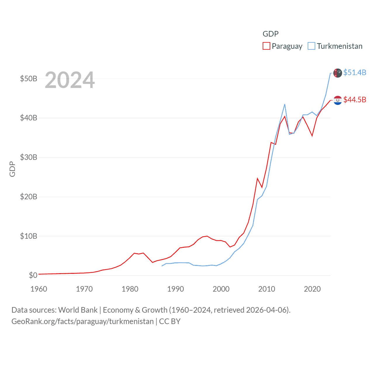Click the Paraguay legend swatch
tap(266, 46)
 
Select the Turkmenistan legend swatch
tap(311, 46)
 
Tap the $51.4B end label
tap(355, 72)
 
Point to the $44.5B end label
tap(355, 100)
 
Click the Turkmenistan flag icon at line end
tap(338, 73)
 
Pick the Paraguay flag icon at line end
tap(338, 100)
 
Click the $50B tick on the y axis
tap(28, 79)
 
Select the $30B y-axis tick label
tap(28, 157)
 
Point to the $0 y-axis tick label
tap(33, 275)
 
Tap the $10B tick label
tap(28, 236)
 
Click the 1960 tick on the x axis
tap(39, 289)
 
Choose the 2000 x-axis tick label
tap(221, 289)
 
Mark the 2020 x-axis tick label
tap(312, 289)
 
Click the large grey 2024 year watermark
tap(70, 80)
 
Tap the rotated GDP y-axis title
tap(12, 169)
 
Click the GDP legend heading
tap(271, 34)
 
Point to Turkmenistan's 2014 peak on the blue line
tap(285, 104)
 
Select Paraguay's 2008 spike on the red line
tap(257, 178)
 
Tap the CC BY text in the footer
tap(170, 321)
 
